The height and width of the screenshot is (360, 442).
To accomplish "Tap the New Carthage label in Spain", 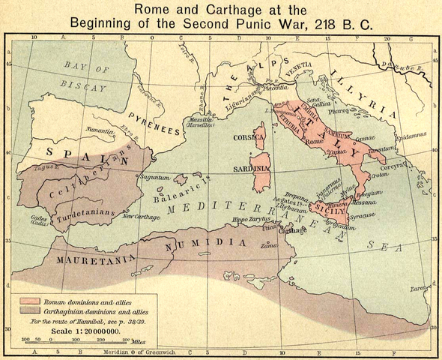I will click(x=139, y=217).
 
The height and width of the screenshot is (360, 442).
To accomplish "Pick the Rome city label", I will click(x=315, y=142).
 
